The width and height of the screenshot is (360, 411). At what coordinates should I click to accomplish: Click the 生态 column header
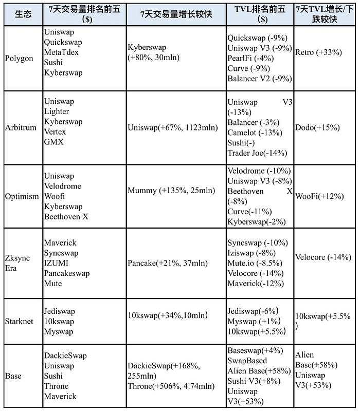(x=23, y=14)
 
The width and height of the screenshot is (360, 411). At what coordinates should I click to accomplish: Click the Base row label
(x=13, y=376)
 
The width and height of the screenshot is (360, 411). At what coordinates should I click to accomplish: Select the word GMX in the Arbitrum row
(x=53, y=142)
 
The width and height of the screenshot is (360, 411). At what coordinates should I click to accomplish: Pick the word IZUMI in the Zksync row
(x=57, y=263)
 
